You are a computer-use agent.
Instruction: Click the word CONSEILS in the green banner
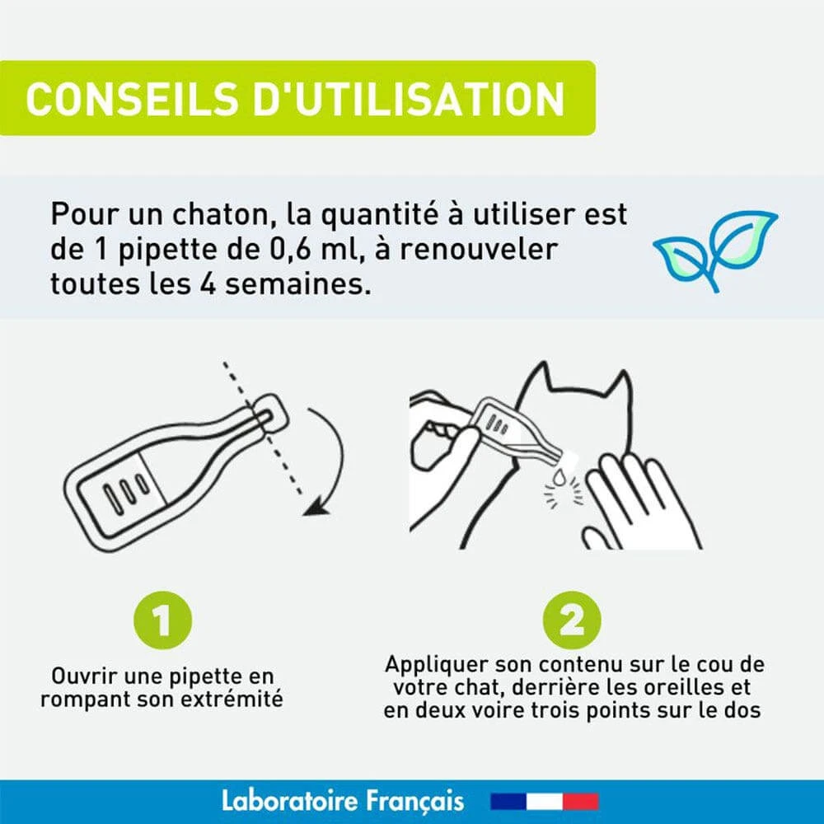[x=132, y=98]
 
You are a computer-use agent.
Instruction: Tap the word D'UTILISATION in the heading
[x=410, y=98]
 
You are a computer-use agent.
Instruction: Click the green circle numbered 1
[x=163, y=620]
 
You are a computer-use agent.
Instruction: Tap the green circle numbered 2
[x=572, y=620]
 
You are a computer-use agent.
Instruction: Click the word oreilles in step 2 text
[x=665, y=687]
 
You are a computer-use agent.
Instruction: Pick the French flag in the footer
[x=545, y=802]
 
